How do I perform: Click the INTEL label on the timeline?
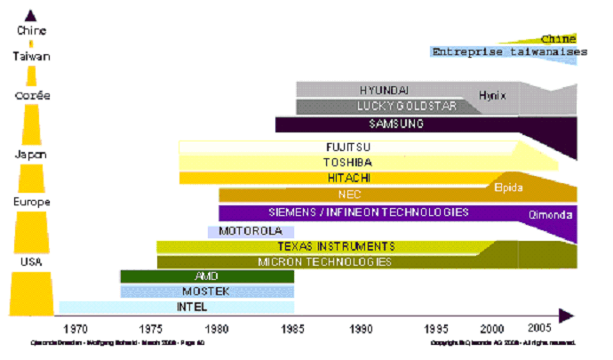[x=193, y=308]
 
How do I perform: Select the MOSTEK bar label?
[x=199, y=292]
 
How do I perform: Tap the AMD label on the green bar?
[x=205, y=276]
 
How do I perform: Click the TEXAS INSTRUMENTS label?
[x=336, y=246]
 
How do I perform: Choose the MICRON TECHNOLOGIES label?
[x=324, y=261]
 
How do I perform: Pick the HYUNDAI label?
[x=384, y=90]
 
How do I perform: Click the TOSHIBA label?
[x=347, y=163]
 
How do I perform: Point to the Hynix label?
[x=492, y=95]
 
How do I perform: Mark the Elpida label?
[x=508, y=188]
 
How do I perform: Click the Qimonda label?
[x=551, y=215]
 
